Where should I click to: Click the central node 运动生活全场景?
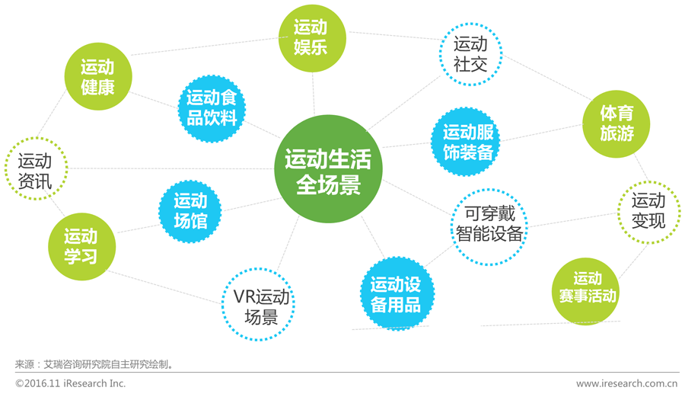click(328, 169)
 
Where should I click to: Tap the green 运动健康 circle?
click(97, 76)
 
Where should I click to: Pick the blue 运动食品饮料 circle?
click(212, 107)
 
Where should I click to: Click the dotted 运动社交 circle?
click(470, 53)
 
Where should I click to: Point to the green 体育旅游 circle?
click(616, 123)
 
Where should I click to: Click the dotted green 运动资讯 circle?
click(35, 169)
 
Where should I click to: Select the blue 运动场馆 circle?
click(190, 211)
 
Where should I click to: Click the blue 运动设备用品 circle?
click(396, 294)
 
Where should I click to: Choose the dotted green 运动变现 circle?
click(648, 211)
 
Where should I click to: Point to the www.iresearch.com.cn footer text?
click(626, 383)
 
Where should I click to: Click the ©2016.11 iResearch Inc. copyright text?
click(71, 383)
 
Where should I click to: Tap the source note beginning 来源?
click(96, 364)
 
